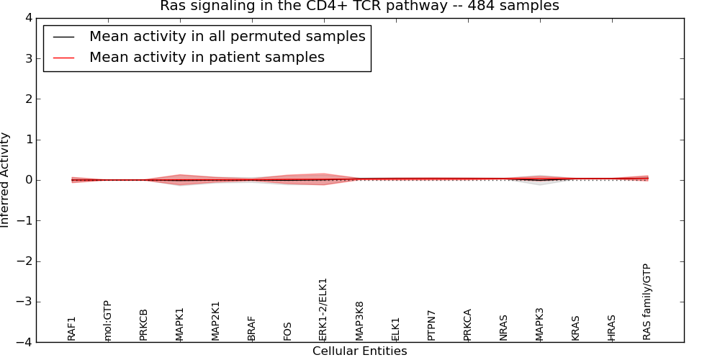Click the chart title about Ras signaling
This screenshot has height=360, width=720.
click(359, 6)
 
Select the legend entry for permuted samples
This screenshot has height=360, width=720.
click(227, 37)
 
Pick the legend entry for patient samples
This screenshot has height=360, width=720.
click(207, 58)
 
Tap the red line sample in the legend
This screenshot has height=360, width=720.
click(64, 58)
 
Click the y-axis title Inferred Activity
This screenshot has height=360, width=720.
click(6, 180)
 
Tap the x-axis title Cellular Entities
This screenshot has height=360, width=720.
click(359, 351)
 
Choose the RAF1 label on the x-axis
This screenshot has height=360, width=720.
click(71, 328)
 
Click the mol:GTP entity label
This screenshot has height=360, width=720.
click(107, 320)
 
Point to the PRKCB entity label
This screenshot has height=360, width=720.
click(143, 325)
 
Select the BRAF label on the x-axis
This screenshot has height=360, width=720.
click(251, 328)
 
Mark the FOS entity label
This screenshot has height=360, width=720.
click(287, 331)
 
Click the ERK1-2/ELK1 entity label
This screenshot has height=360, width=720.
click(323, 309)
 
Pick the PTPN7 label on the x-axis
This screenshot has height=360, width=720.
click(431, 325)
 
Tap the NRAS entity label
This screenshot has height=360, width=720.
click(503, 327)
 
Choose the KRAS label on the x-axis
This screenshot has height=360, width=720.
click(575, 328)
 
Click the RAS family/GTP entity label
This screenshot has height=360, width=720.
click(647, 302)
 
